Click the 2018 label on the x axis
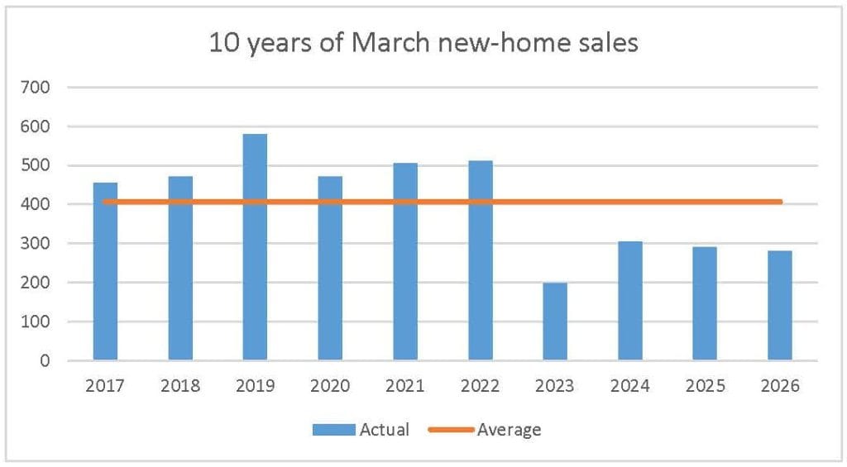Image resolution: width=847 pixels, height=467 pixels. click(x=180, y=386)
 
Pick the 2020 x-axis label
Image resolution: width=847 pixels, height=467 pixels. click(x=330, y=386)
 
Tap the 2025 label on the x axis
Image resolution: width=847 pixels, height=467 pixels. click(x=705, y=386)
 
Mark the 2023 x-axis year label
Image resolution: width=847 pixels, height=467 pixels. click(x=555, y=386)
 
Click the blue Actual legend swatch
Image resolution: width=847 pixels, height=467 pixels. click(x=333, y=430)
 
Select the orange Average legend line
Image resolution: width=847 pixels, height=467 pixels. click(x=451, y=430)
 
